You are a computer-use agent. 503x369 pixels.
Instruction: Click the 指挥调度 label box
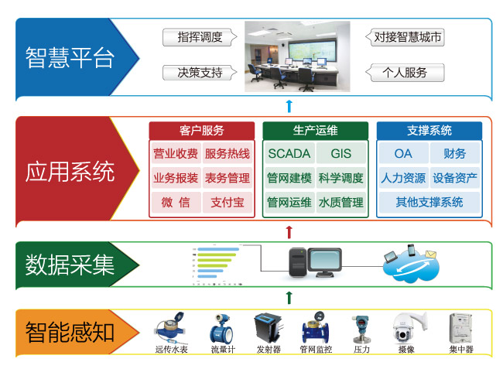[200, 36]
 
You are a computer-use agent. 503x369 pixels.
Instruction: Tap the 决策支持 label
[200, 73]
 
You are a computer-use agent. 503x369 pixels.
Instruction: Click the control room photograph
[298, 56]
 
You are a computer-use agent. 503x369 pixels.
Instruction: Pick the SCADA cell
[289, 153]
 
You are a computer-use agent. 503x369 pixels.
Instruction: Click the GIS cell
[340, 153]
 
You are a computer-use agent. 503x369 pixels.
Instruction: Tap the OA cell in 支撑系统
[403, 153]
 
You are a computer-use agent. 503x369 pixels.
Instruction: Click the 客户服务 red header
[201, 130]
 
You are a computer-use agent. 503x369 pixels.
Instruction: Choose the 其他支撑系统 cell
[429, 202]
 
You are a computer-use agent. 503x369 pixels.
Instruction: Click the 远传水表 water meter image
[170, 329]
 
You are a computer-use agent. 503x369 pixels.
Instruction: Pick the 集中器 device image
[462, 329]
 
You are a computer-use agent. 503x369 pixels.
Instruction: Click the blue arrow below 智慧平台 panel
[289, 107]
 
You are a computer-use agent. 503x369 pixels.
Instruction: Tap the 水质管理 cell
[340, 203]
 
